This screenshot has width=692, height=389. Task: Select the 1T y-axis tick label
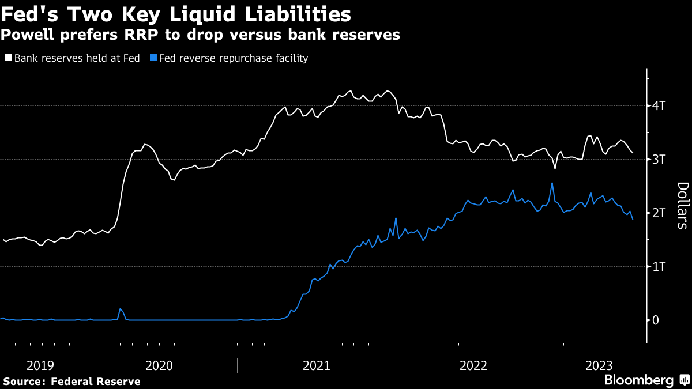[x=658, y=267]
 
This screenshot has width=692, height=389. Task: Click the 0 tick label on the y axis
[x=656, y=320]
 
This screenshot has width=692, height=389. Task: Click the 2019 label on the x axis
[x=40, y=365]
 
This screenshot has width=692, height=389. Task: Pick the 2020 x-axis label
[x=159, y=365]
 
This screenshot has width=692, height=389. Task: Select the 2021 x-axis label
[x=316, y=365]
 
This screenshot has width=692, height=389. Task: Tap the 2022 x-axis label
[x=473, y=365]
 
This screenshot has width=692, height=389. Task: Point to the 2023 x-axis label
[x=599, y=365]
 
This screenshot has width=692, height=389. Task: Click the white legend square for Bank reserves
[x=9, y=58]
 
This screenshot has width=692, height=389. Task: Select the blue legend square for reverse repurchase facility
[x=153, y=58]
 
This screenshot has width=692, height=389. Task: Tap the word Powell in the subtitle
[x=27, y=35]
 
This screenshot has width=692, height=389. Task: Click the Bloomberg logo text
[x=638, y=380]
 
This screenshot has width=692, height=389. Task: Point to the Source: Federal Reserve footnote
[x=72, y=382]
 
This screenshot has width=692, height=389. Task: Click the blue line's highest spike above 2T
[x=552, y=183]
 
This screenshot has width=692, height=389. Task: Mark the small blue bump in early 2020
[x=120, y=309]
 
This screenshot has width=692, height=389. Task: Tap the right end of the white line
[x=633, y=152]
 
